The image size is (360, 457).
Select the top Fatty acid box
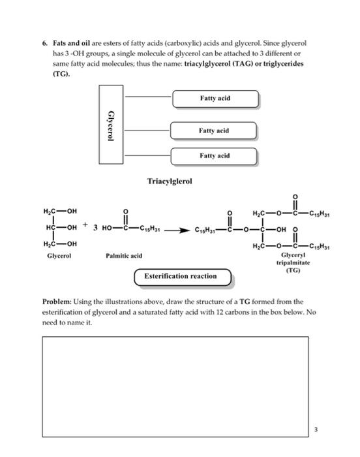click(215, 99)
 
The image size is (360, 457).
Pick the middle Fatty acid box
click(214, 131)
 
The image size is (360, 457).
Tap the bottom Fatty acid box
click(215, 156)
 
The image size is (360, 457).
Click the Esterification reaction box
click(184, 276)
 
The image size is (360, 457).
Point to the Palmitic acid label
click(124, 255)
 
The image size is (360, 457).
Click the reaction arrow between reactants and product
click(176, 230)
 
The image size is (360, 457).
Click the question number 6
click(44, 42)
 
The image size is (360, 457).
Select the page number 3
click(316, 430)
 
